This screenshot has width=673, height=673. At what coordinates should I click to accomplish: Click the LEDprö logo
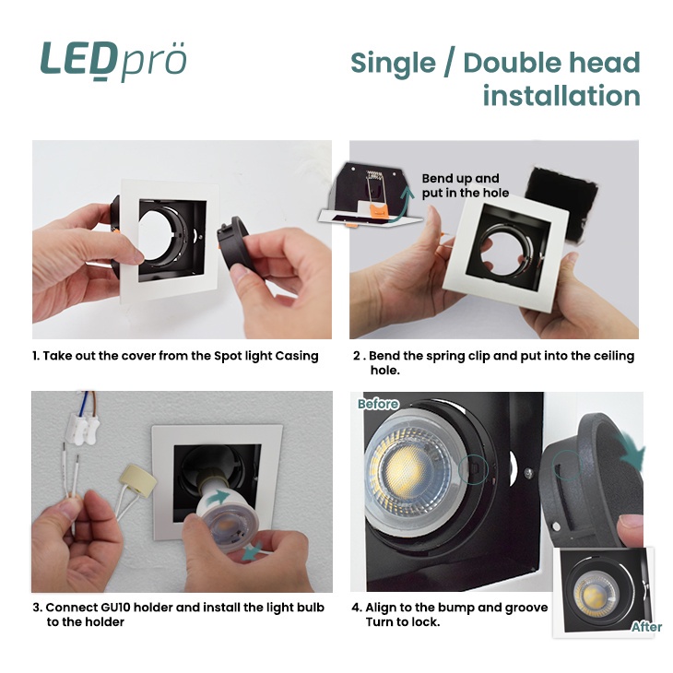113,61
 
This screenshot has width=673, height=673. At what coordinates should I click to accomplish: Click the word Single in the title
393,64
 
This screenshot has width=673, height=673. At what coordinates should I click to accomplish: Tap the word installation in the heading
561,95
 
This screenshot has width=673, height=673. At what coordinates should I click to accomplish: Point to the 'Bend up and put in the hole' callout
465,185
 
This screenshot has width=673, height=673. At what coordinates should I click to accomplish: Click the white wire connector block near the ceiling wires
85,427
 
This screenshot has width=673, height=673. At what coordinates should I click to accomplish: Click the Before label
378,404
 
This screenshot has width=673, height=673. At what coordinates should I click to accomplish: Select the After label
646,627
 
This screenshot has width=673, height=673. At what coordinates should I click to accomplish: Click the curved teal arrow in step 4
631,451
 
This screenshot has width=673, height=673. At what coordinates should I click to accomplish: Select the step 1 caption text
175,356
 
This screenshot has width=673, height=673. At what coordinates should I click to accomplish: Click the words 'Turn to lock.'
403,622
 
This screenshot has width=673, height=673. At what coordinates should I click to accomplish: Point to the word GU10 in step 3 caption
117,608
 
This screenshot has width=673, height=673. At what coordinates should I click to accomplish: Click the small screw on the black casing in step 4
529,472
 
